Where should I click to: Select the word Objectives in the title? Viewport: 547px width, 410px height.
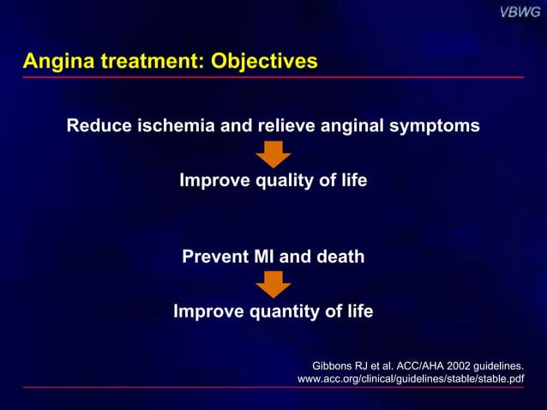pos(262,62)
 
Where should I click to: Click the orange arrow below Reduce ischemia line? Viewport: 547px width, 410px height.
pos(273,154)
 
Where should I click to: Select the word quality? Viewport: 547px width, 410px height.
pos(282,181)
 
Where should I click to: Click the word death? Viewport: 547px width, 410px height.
pos(340,256)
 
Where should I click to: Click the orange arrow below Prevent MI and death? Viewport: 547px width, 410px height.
pos(273,284)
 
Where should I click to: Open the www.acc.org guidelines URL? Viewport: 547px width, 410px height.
pos(410,378)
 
